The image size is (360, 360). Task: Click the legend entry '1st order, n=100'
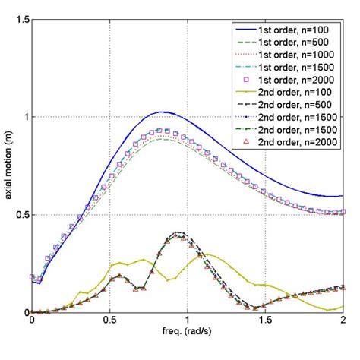click(x=299, y=27)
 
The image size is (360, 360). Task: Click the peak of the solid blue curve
click(x=162, y=112)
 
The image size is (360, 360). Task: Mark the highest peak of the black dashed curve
click(x=178, y=232)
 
